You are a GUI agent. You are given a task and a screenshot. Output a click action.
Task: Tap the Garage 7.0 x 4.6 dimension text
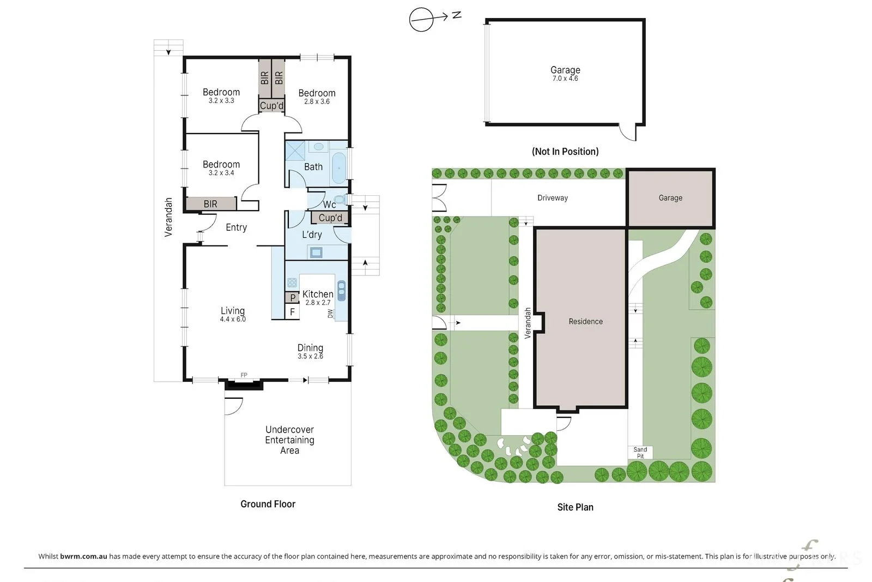click(565, 79)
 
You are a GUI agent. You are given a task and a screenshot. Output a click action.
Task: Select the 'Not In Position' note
click(565, 151)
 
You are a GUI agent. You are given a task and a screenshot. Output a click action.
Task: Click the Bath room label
click(313, 167)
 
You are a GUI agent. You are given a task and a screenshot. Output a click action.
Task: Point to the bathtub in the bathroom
click(338, 168)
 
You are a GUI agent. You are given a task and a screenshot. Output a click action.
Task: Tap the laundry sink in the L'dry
click(316, 253)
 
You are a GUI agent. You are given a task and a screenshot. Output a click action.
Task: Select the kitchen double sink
click(341, 291)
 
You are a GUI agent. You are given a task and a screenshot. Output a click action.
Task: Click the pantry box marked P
click(292, 298)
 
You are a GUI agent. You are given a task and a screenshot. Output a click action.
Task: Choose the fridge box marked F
click(292, 312)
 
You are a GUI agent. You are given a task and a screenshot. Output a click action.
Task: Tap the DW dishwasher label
click(330, 314)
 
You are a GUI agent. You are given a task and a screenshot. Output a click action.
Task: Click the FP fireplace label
click(244, 375)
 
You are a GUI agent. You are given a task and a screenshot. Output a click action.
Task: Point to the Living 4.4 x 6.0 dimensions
click(233, 319)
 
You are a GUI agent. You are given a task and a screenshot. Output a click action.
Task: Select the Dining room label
click(310, 347)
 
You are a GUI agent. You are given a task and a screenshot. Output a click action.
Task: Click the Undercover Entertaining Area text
click(289, 440)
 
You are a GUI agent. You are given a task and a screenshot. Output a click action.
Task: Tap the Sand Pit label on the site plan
click(640, 453)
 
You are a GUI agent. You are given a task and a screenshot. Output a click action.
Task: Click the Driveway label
click(553, 198)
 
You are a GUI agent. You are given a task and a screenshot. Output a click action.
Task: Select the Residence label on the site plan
click(585, 321)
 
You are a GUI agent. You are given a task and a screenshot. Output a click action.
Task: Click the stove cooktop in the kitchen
click(292, 283)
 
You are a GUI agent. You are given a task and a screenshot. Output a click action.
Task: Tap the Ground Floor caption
click(268, 504)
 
